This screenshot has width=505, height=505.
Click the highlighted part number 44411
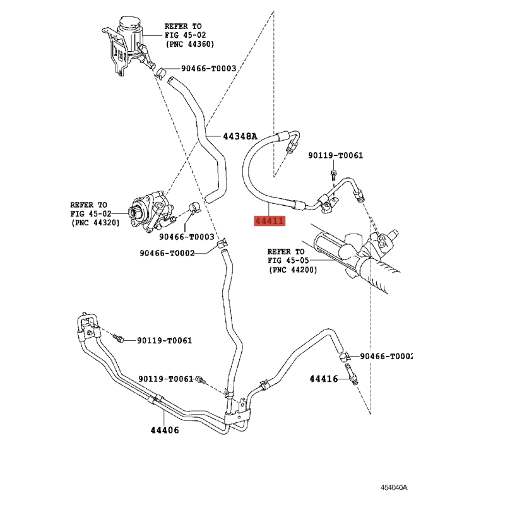click(270, 221)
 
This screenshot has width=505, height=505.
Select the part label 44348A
click(241, 136)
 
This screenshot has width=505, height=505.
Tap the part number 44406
click(165, 430)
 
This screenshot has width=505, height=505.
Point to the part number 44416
click(324, 379)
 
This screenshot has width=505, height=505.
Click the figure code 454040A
click(394, 487)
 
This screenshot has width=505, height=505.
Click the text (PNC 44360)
click(190, 44)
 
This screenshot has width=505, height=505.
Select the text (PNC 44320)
click(95, 223)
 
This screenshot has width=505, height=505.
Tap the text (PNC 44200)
click(293, 270)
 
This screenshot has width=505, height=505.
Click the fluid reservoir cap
click(130, 23)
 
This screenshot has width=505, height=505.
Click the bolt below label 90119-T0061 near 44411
click(333, 174)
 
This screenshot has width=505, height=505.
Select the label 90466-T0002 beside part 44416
click(386, 356)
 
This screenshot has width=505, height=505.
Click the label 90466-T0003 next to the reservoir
click(208, 68)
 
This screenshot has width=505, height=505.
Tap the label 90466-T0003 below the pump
click(186, 237)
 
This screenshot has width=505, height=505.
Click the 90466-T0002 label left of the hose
click(167, 253)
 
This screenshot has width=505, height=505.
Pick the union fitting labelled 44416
click(352, 374)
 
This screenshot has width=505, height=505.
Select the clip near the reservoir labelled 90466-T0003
click(160, 73)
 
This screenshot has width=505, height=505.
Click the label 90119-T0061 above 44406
click(166, 379)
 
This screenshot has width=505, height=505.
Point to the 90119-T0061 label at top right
click(336, 155)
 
